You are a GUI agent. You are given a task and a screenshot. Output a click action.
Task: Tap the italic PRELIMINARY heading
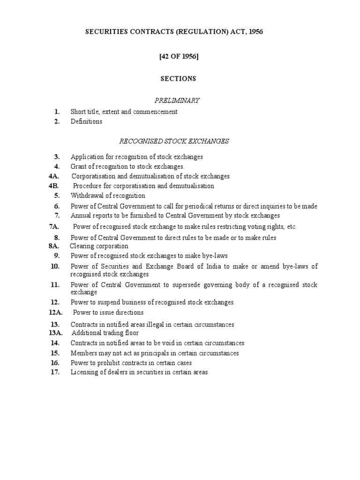coord(177,100)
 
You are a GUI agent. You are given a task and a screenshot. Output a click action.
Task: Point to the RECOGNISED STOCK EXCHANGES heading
coord(174,142)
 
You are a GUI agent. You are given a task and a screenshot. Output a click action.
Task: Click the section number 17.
coord(55,372)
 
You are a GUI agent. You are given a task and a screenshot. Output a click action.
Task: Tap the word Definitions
coord(86,121)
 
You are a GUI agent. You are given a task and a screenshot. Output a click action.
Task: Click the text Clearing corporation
coord(99,246)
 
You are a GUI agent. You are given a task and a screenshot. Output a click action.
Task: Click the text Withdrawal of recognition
coord(108,195)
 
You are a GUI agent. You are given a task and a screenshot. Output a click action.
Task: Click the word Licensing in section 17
coord(83,372)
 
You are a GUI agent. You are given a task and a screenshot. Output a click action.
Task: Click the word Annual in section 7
coord(80,216)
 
